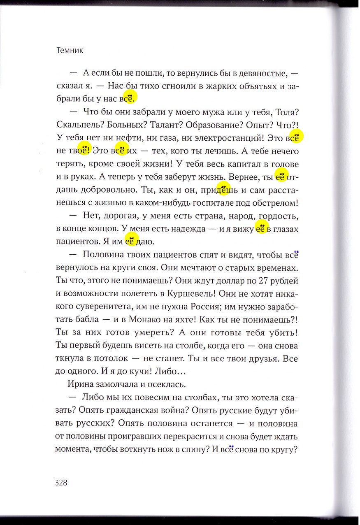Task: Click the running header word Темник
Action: pyautogui.click(x=69, y=51)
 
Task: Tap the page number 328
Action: pyautogui.click(x=61, y=483)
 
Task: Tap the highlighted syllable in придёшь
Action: pyautogui.click(x=223, y=190)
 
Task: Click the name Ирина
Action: pyautogui.click(x=79, y=385)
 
